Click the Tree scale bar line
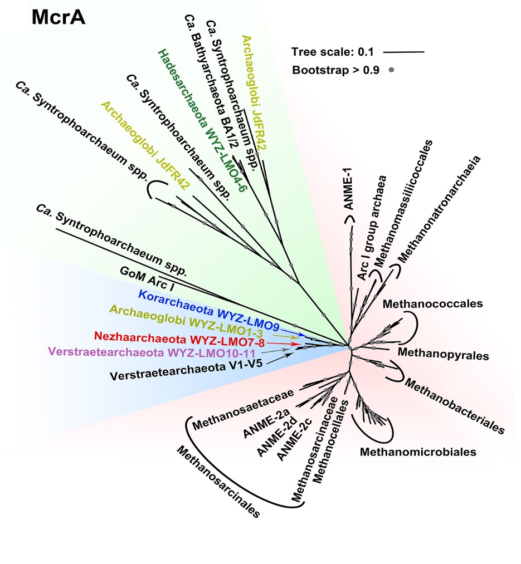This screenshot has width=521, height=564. tap(404, 52)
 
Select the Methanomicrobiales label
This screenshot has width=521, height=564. tap(418, 452)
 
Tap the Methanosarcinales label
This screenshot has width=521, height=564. tap(217, 481)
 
